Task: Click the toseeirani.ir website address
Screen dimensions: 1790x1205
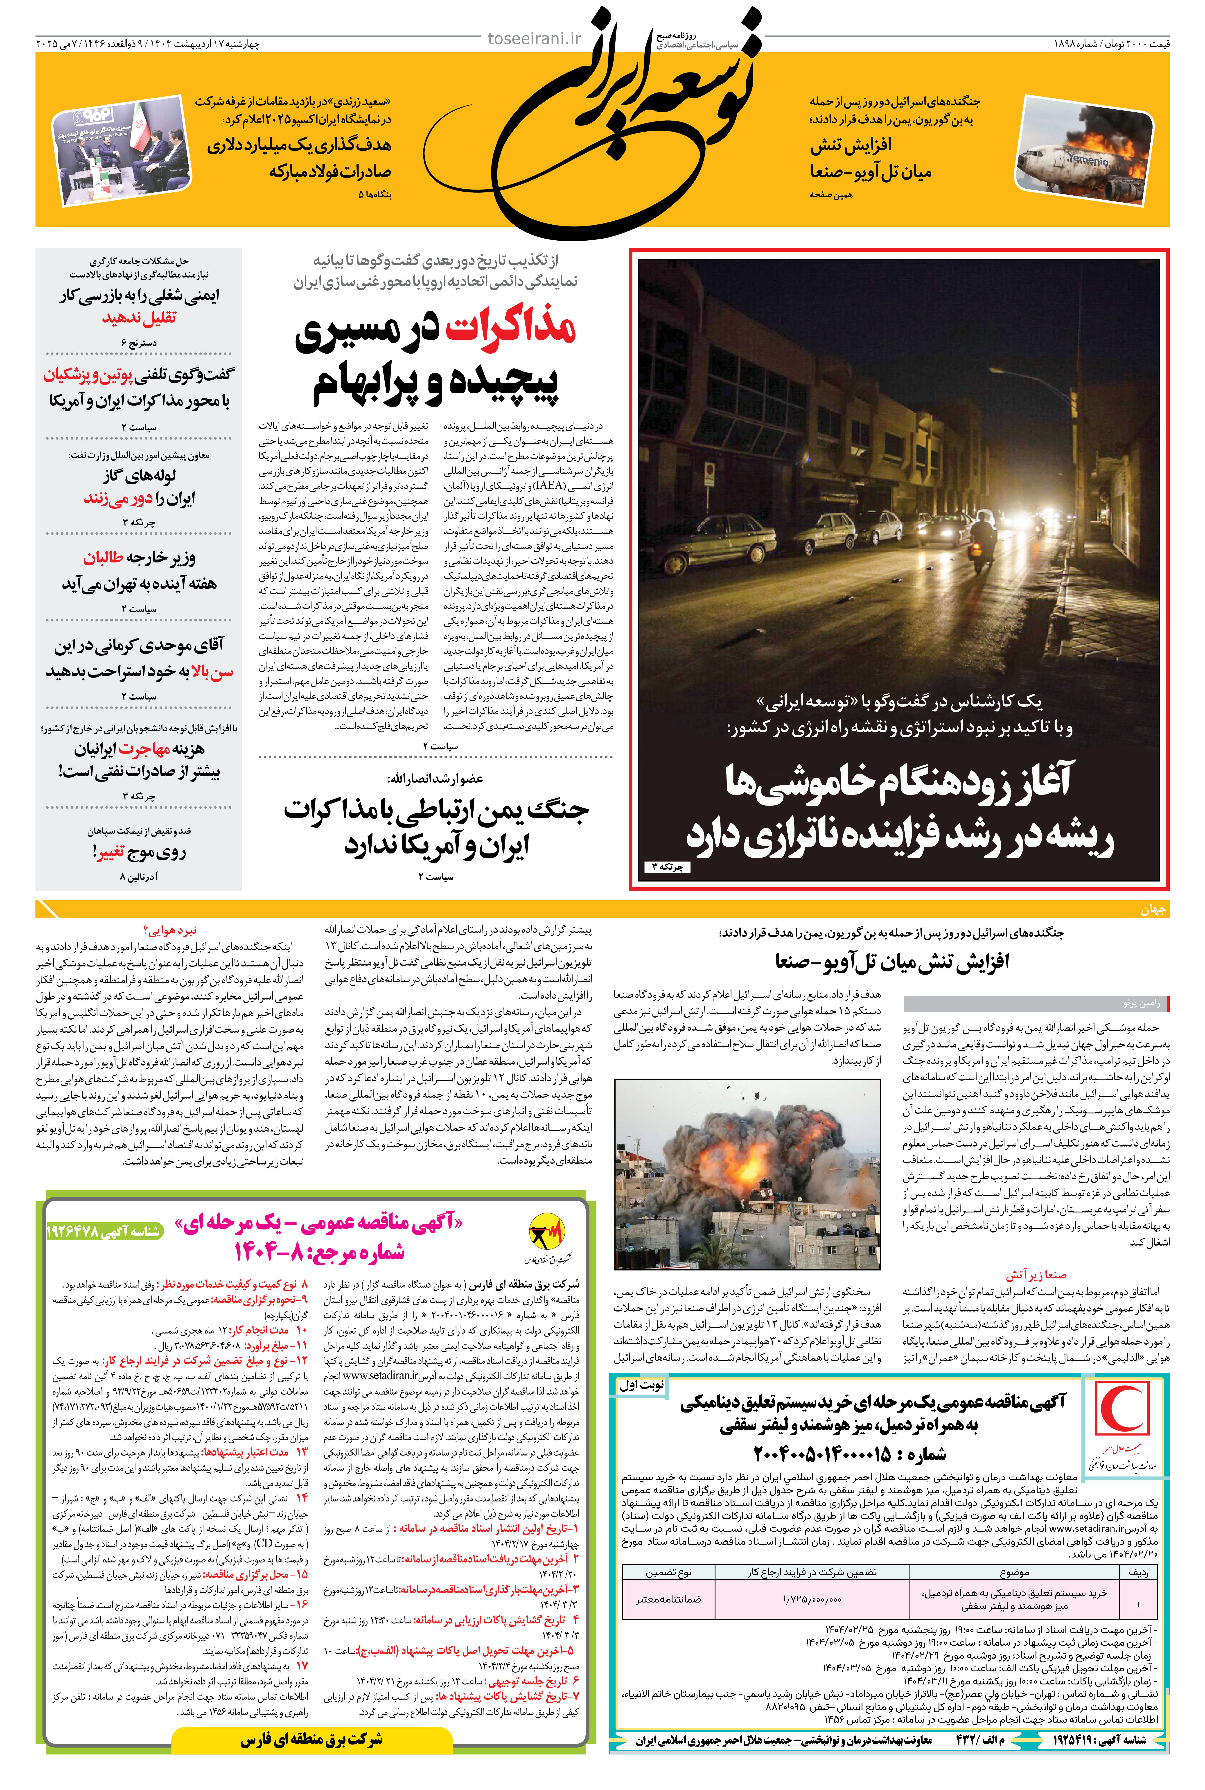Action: pyautogui.click(x=535, y=38)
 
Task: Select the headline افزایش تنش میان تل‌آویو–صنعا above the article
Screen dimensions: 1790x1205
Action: pyautogui.click(x=891, y=961)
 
